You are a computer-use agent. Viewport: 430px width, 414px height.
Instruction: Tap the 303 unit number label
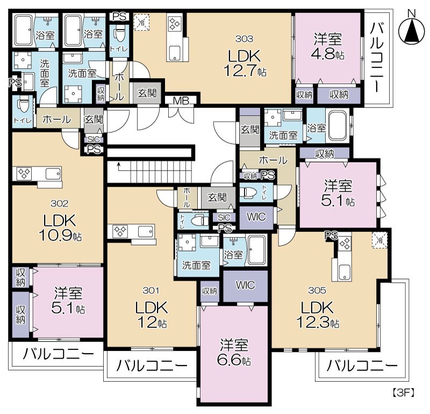pyautogui.click(x=244, y=39)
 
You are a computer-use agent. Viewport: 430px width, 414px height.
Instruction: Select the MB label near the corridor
pyautogui.click(x=181, y=101)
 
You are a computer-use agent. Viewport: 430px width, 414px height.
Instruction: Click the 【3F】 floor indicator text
pyautogui.click(x=404, y=393)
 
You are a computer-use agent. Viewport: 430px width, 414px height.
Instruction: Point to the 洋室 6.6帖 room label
pyautogui.click(x=234, y=353)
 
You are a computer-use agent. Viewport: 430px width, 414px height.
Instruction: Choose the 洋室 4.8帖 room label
pyautogui.click(x=328, y=46)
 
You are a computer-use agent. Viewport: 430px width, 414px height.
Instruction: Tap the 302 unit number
pyautogui.click(x=60, y=204)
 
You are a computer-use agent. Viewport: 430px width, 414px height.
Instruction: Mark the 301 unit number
pyautogui.click(x=151, y=291)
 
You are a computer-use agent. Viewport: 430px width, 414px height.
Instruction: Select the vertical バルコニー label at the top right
pyautogui.click(x=378, y=57)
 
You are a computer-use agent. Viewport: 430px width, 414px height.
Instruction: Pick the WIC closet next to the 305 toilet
pyautogui.click(x=256, y=217)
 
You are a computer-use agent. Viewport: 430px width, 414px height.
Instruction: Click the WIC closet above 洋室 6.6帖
pyautogui.click(x=245, y=286)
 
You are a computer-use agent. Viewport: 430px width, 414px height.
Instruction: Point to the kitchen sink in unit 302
pyautogui.click(x=53, y=174)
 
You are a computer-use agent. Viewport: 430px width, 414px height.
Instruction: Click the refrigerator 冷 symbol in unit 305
pyautogui.click(x=379, y=241)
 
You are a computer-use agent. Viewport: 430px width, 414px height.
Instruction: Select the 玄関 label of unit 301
pyautogui.click(x=217, y=197)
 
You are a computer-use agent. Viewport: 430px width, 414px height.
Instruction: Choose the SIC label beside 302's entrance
pyautogui.click(x=94, y=139)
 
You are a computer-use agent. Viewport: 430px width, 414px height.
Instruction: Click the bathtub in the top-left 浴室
pyautogui.click(x=24, y=30)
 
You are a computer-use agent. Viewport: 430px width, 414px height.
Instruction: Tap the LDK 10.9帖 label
pyautogui.click(x=60, y=228)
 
